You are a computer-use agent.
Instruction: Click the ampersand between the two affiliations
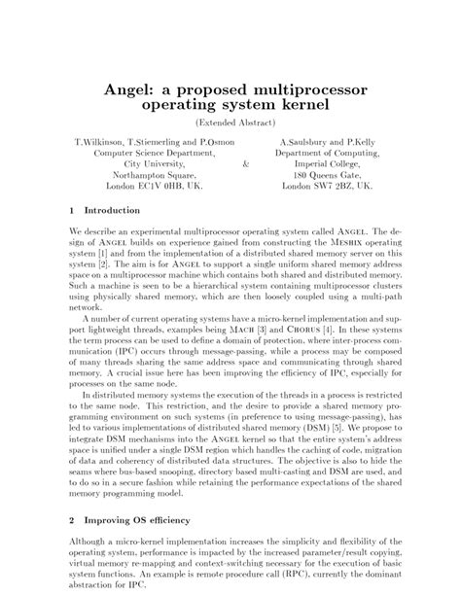click(242, 164)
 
